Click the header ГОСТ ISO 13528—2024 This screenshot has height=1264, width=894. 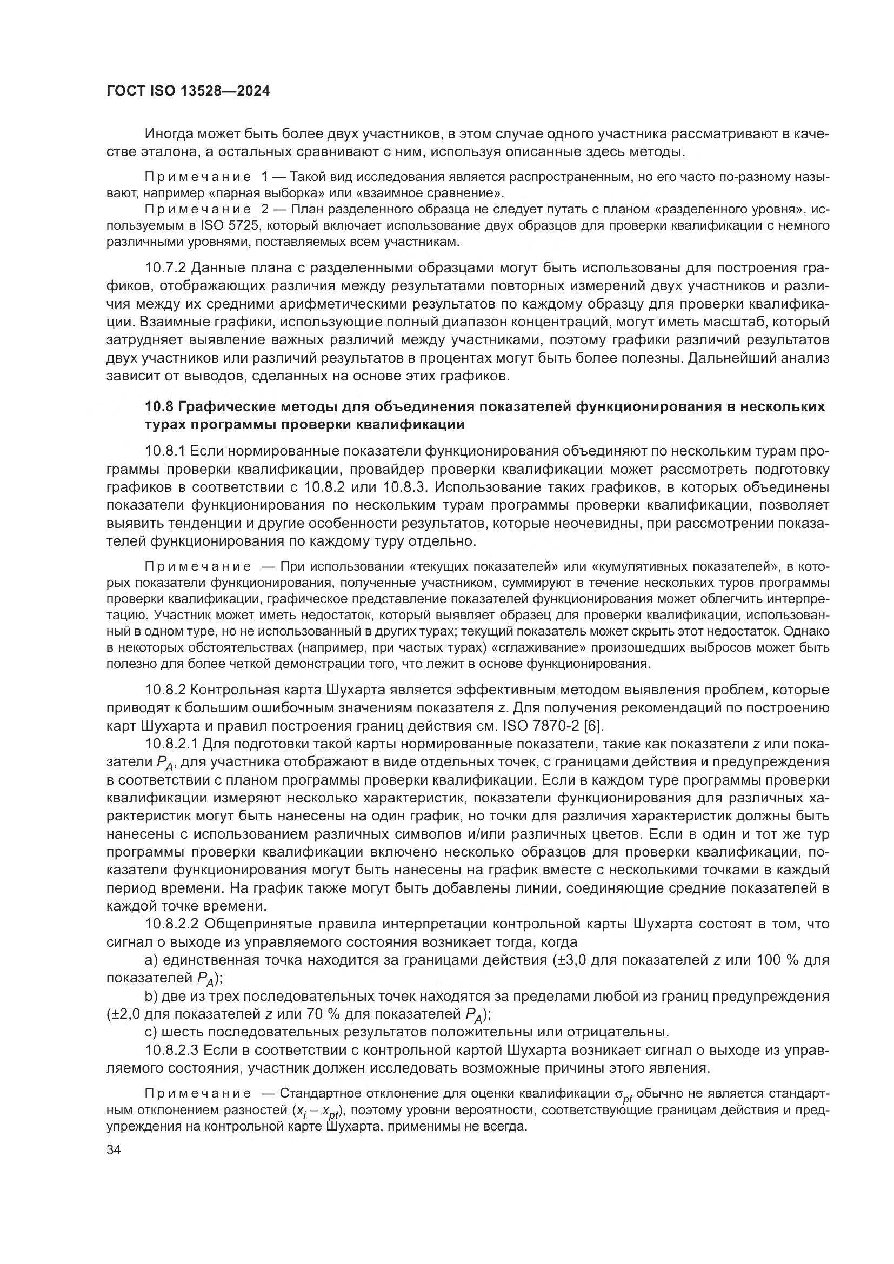click(x=188, y=91)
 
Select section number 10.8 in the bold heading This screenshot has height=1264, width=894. click(x=159, y=407)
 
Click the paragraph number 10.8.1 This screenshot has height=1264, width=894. click(x=167, y=451)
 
